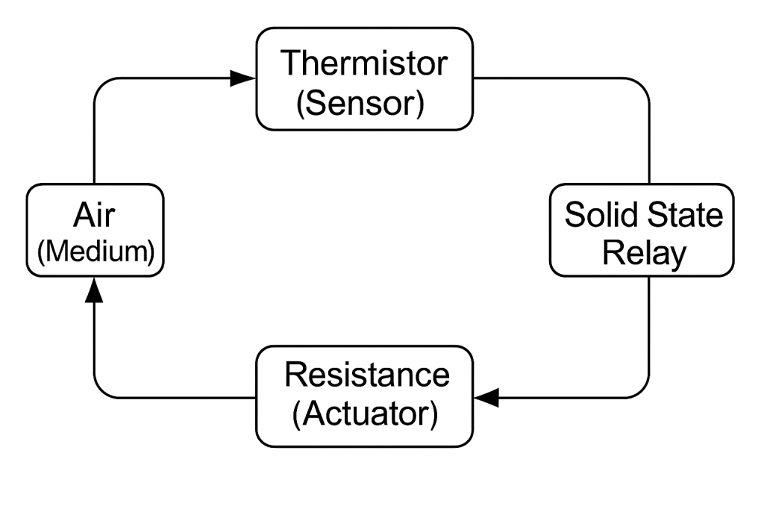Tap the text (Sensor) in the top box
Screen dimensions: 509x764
pyautogui.click(x=360, y=104)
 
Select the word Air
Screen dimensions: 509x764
pyautogui.click(x=94, y=216)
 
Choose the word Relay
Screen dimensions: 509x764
pyautogui.click(x=643, y=254)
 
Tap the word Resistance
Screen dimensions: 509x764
pyautogui.click(x=366, y=373)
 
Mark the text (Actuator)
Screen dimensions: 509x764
pyautogui.click(x=364, y=414)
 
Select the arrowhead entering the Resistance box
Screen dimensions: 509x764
pyautogui.click(x=486, y=398)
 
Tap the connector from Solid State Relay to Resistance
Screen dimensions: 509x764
pyautogui.click(x=648, y=336)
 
